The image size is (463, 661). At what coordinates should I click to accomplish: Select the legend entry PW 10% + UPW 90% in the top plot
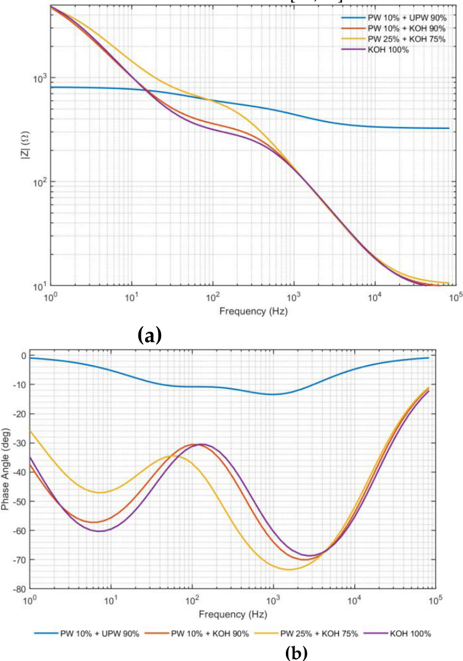click(x=394, y=18)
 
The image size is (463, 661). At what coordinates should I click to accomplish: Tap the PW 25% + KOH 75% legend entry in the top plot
click(x=393, y=39)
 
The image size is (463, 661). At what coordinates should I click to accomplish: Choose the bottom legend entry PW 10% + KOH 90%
click(x=197, y=646)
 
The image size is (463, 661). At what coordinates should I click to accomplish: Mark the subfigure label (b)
click(x=297, y=654)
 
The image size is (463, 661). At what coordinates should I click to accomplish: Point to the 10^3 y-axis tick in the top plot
click(x=40, y=78)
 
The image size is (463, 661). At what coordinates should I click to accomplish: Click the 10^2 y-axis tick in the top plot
click(x=40, y=182)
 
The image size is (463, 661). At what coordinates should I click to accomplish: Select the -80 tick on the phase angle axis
click(x=20, y=589)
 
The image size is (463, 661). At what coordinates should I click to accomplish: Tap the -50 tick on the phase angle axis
click(x=20, y=501)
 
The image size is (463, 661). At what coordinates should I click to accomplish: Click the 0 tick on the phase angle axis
click(x=23, y=355)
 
